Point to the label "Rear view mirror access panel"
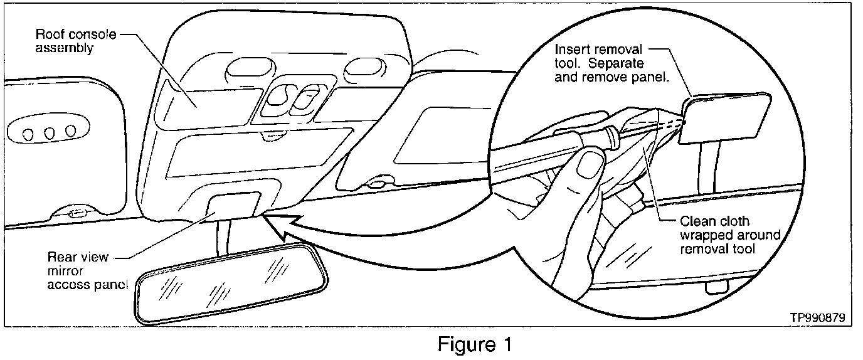87,270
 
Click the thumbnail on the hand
588,166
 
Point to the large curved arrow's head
271,220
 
